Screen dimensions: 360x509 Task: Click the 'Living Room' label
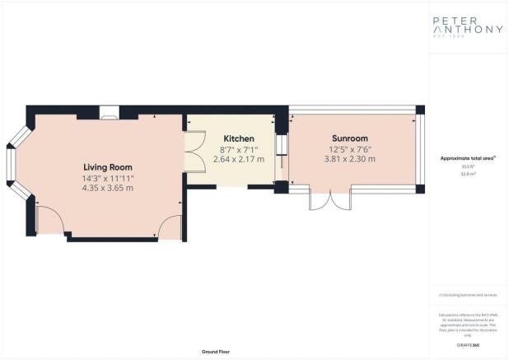108,166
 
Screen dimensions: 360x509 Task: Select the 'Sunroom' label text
350,138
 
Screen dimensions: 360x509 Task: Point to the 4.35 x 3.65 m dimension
108,188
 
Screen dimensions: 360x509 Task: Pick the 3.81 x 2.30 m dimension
350,159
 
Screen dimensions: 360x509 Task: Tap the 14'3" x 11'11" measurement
108,177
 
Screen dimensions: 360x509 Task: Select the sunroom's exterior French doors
329,200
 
